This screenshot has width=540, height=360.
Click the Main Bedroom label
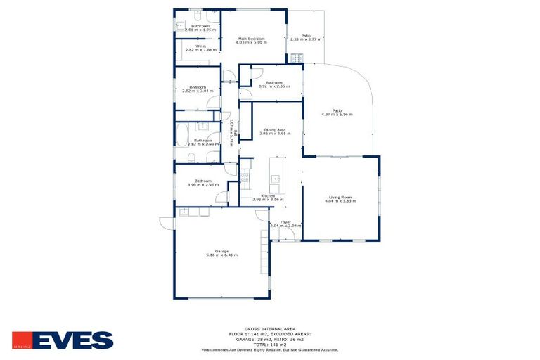(x=251, y=38)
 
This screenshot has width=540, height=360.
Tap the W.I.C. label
(x=191, y=46)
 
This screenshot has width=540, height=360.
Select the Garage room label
(x=221, y=251)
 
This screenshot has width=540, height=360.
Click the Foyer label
(x=285, y=222)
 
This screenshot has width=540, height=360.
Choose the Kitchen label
(x=267, y=195)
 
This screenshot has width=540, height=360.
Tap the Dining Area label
(x=274, y=129)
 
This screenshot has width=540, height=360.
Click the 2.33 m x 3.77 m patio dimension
(x=306, y=39)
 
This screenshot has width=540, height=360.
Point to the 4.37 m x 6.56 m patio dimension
(x=337, y=114)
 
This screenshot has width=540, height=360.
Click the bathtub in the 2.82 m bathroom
(x=182, y=134)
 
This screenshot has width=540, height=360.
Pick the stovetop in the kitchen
(x=245, y=178)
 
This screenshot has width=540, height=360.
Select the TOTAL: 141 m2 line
(x=269, y=345)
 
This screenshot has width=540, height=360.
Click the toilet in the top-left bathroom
(x=199, y=15)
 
